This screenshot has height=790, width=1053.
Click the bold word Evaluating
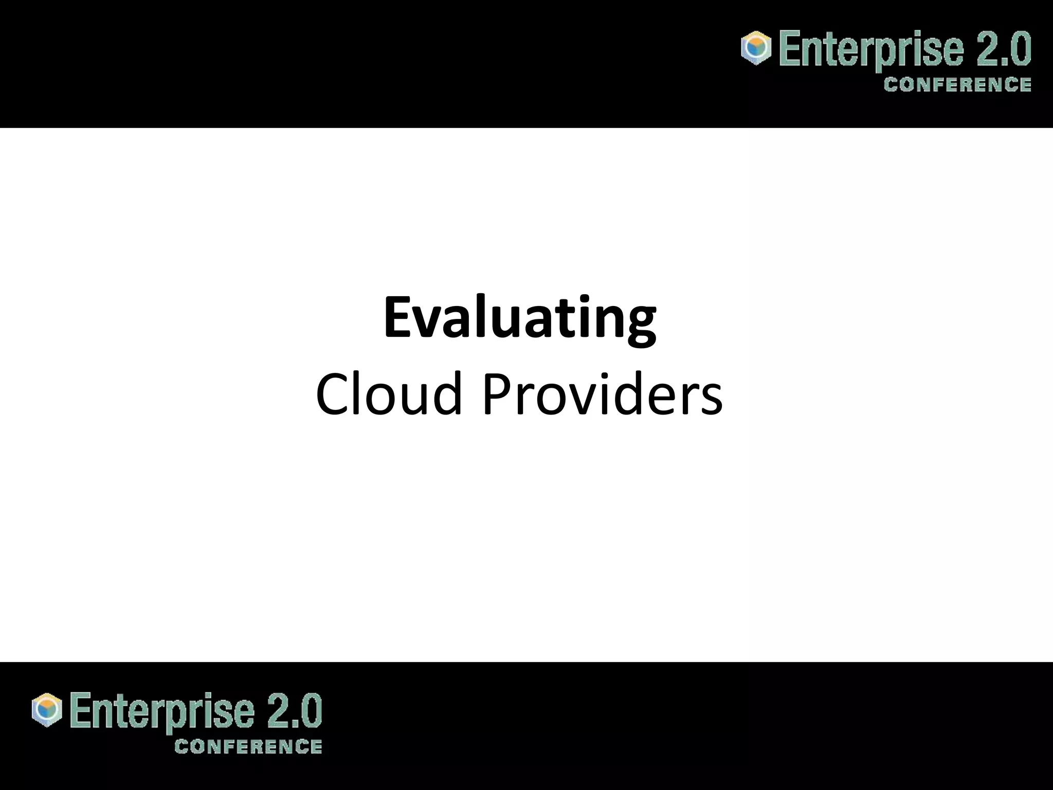point(519,318)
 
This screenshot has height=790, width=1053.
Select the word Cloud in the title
point(389,394)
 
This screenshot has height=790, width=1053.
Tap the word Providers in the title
point(602,394)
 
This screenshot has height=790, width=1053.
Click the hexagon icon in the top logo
point(756,48)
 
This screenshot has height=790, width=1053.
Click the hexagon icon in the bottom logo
point(47,710)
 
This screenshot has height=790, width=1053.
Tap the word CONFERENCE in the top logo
point(957,84)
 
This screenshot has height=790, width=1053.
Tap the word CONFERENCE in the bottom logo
point(248,746)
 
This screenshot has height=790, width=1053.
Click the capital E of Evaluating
point(399,317)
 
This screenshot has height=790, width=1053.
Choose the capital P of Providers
point(496,394)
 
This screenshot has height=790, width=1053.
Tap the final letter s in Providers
point(712,401)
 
